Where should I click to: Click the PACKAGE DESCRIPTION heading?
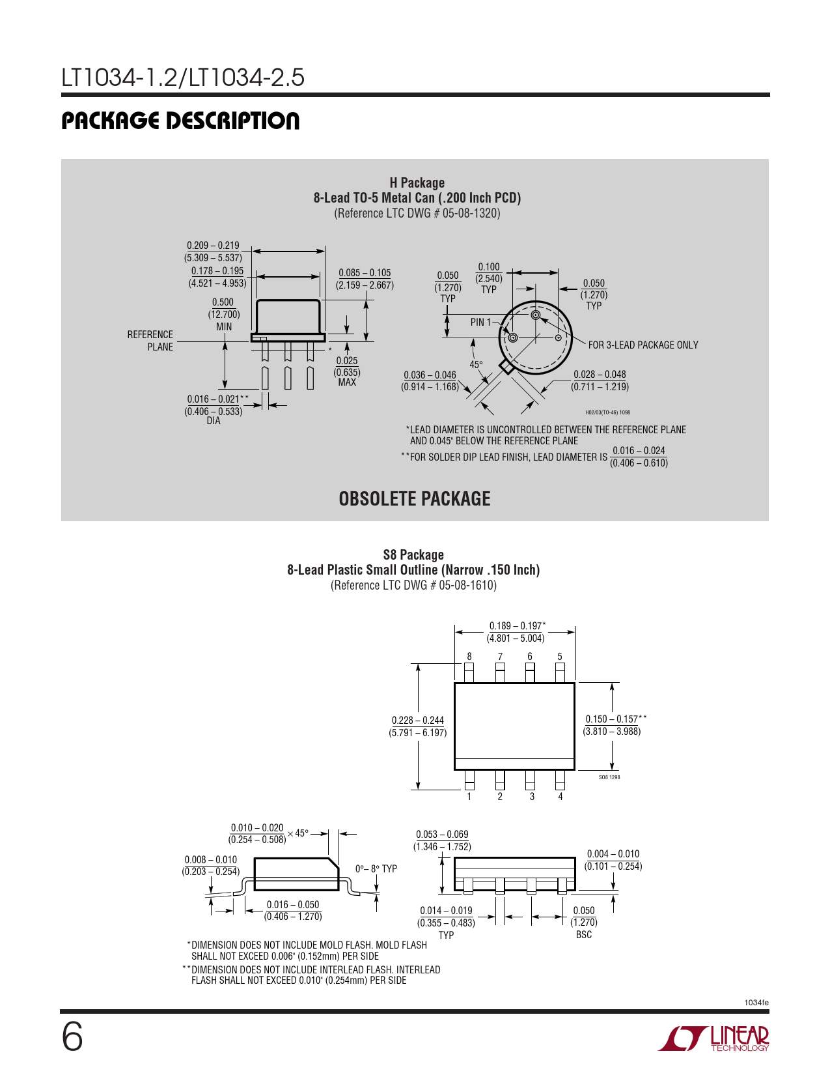(x=180, y=121)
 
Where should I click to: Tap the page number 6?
(x=72, y=1037)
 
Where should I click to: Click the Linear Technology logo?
(x=713, y=1038)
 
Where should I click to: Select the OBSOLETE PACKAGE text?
(x=414, y=498)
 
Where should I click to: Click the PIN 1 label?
(x=480, y=322)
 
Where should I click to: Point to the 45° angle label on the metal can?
(x=476, y=365)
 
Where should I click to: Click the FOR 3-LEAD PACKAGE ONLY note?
(x=643, y=345)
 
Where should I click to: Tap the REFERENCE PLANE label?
(x=150, y=340)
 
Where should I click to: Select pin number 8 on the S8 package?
(x=469, y=657)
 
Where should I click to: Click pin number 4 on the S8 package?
(x=560, y=797)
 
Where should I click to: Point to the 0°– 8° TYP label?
(x=376, y=868)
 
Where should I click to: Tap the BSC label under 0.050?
(x=584, y=934)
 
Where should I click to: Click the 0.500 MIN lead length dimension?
(x=223, y=314)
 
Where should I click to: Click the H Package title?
(x=417, y=183)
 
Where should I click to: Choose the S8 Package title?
(x=413, y=554)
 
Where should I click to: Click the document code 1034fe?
(x=756, y=1002)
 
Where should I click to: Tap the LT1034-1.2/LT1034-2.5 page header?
(x=182, y=78)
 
